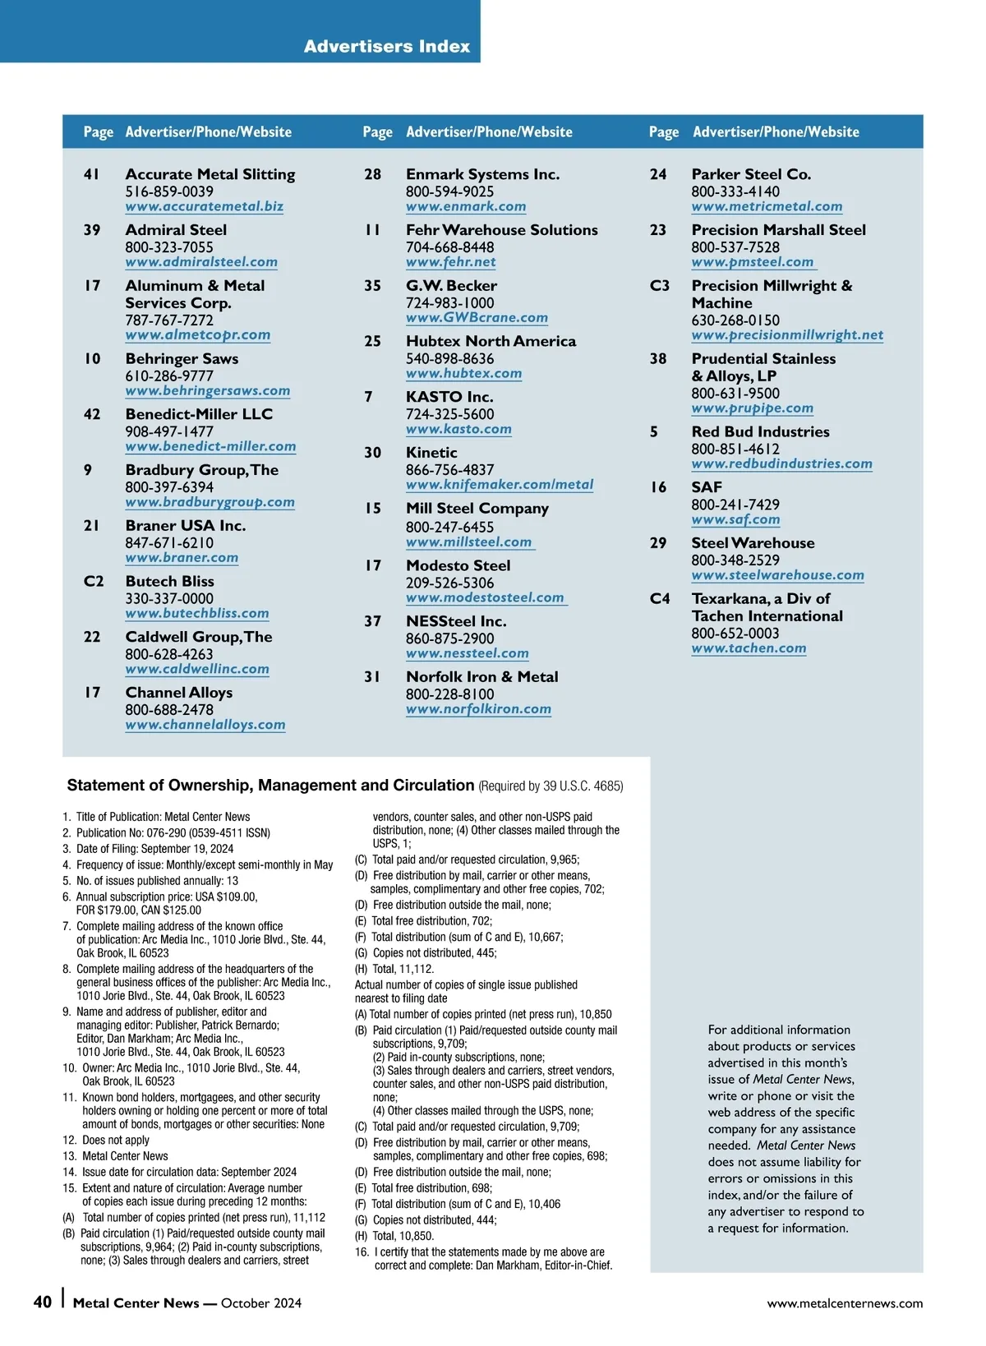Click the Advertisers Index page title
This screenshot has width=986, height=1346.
point(386,46)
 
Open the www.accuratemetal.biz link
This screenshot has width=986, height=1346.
point(204,206)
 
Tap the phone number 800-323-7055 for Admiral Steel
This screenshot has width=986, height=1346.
point(168,247)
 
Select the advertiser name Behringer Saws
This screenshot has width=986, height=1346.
point(182,358)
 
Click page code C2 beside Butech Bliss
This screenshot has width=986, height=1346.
point(94,581)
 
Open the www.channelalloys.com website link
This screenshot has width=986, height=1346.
point(205,725)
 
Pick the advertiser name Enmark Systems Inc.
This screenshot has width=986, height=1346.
point(482,174)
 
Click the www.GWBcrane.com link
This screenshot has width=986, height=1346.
point(477,317)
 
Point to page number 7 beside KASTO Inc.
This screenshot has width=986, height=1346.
point(369,397)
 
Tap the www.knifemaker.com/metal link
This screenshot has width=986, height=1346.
point(499,485)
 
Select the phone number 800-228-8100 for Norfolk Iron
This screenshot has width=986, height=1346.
point(449,694)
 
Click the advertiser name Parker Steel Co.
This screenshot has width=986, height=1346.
point(751,174)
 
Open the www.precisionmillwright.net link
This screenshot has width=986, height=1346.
point(787,334)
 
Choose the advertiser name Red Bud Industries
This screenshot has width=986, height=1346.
point(760,431)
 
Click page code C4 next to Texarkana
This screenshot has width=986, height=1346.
point(660,598)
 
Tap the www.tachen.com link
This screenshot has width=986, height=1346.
point(749,648)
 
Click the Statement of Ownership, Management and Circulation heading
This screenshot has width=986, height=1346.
point(270,785)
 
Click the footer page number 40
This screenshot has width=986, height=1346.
point(42,1302)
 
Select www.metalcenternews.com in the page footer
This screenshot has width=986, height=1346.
point(845,1303)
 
